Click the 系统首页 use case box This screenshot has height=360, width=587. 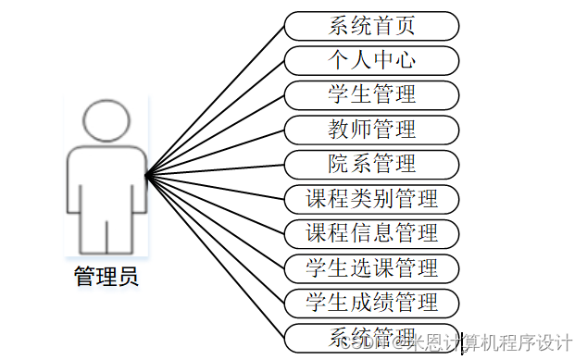pos(371,25)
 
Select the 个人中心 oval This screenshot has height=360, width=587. pos(371,60)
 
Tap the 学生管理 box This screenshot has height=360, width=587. pos(371,94)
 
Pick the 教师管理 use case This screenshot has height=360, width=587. pos(371,129)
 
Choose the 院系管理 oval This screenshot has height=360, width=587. pos(371,164)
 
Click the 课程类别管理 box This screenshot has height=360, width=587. pos(371,198)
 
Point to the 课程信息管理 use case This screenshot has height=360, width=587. pos(371,232)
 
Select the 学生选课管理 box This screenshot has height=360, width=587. pos(371,267)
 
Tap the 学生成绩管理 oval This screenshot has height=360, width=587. pos(371,302)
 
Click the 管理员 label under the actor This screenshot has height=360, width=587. pos(106,276)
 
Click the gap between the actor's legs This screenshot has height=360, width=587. pos(106,236)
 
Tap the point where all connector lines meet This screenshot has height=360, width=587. pos(146,173)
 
